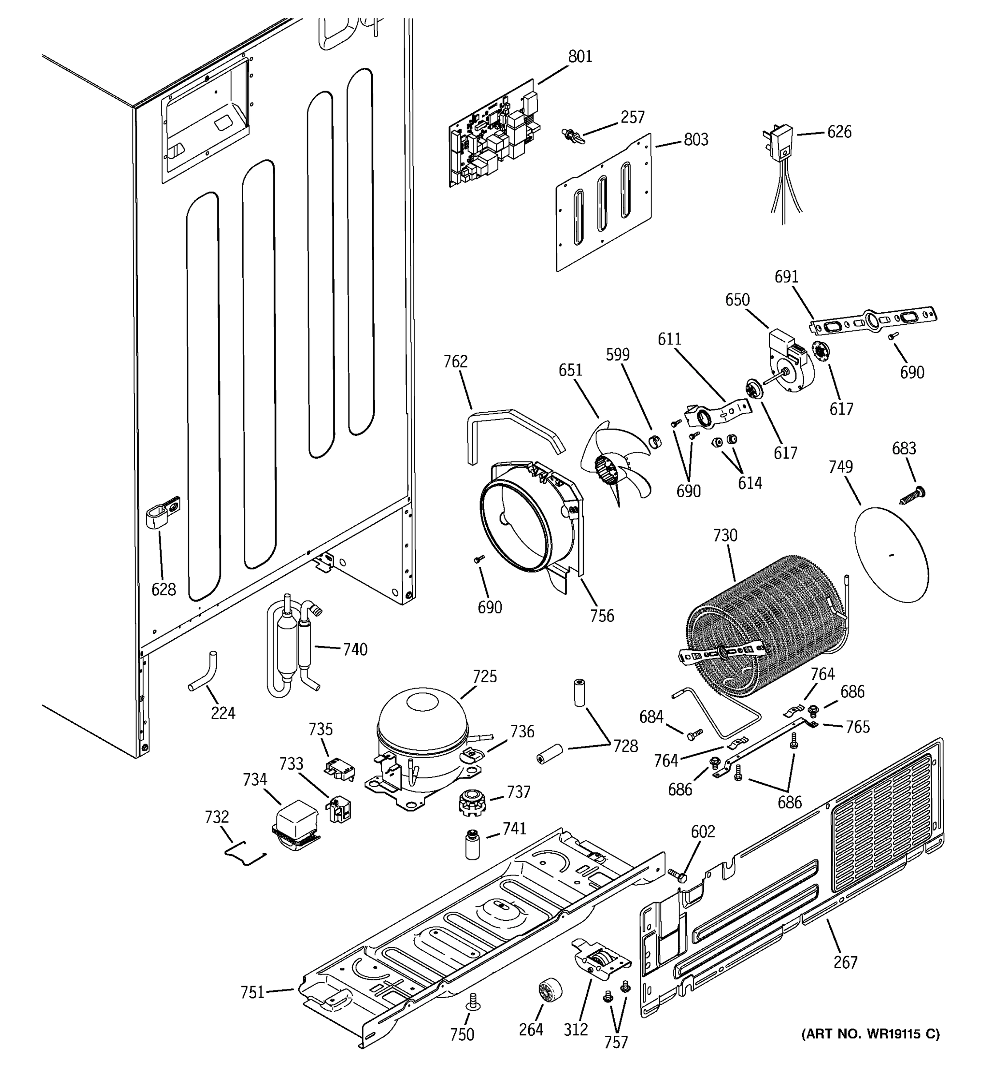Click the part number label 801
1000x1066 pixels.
pyautogui.click(x=580, y=57)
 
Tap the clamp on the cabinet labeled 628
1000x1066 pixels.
pyautogui.click(x=161, y=515)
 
